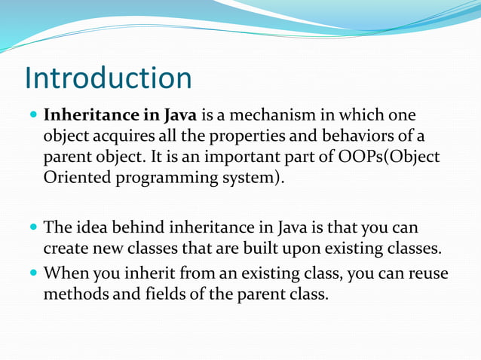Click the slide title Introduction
coord(108,78)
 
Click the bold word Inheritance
coord(90,117)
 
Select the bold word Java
coord(180,117)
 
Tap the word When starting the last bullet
coord(67,272)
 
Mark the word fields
coord(161,293)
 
